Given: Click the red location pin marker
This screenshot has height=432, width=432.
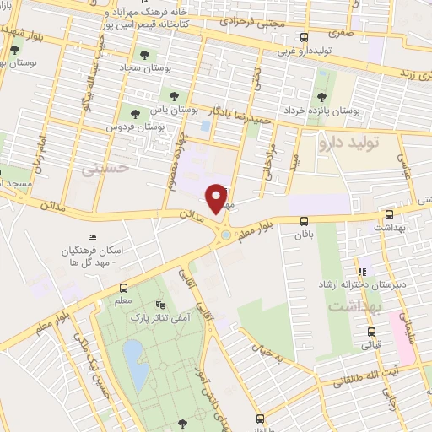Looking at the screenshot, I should point(218,197).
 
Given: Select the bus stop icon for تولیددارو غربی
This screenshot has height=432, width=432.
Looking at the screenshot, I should point(305,37).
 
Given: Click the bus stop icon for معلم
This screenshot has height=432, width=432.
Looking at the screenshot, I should point(123,287).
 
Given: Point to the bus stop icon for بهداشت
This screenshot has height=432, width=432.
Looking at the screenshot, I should point(388,215).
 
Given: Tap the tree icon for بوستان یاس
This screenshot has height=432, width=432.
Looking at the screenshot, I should point(174,96).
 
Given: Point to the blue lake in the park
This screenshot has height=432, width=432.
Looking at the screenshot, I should point(133,354).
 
